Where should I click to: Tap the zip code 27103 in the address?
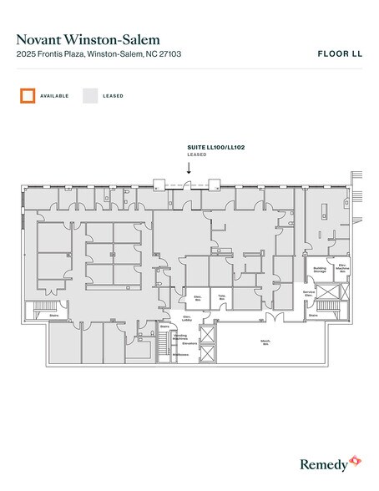[x=169, y=54]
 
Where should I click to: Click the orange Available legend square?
[x=28, y=95]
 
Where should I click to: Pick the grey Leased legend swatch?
[x=90, y=95]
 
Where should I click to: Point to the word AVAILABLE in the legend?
[x=54, y=96]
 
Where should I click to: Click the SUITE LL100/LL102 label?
[x=216, y=148]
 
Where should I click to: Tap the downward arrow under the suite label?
[x=189, y=167]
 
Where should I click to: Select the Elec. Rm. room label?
[x=198, y=298]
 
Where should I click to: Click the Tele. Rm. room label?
[x=222, y=298]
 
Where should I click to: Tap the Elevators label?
[x=189, y=343]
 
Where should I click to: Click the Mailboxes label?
[x=181, y=355]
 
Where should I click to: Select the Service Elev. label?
[x=308, y=295]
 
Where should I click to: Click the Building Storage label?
[x=320, y=270]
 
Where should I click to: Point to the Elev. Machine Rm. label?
[x=342, y=269]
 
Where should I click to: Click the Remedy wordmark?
[x=321, y=462]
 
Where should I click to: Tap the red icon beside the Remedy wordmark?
[x=354, y=459]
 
